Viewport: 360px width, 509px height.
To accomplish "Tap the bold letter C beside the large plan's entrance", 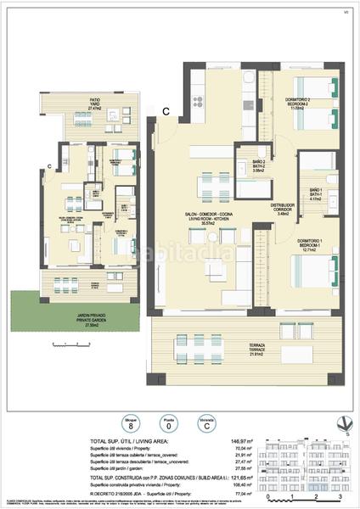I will point(166,109).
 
